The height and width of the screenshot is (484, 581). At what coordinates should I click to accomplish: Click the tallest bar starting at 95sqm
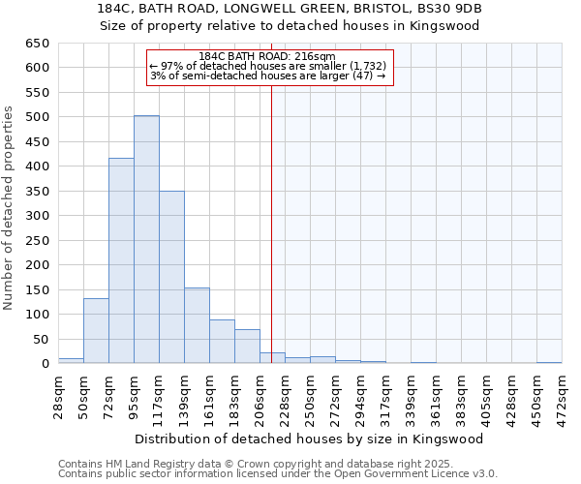(x=146, y=239)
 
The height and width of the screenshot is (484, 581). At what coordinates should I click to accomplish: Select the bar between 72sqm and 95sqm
(x=121, y=260)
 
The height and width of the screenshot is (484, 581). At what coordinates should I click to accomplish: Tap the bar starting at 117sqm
(x=171, y=277)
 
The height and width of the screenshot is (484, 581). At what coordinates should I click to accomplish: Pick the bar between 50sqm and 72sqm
(x=96, y=330)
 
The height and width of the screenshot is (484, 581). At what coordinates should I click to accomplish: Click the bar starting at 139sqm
(x=197, y=325)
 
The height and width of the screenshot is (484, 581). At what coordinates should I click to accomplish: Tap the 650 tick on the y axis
(x=38, y=44)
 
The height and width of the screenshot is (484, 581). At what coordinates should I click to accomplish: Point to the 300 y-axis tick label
(x=38, y=216)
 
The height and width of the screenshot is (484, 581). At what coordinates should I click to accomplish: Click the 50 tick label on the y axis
(x=42, y=339)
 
